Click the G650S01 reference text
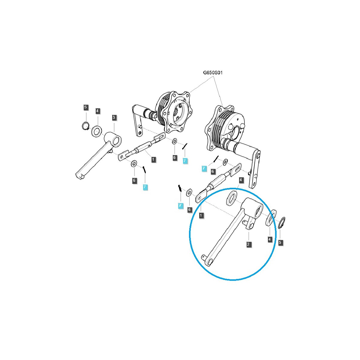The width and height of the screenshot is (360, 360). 213,73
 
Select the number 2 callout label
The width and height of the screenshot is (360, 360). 248,244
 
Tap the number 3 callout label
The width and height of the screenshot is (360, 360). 114,118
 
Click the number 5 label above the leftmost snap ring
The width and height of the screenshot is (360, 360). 85,107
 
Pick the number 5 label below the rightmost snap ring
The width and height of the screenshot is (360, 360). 280,242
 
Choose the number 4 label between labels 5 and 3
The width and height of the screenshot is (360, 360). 97,111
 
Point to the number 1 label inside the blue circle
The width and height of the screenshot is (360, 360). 201,215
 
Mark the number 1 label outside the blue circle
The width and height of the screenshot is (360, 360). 153,159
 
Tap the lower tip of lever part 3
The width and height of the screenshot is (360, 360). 79,175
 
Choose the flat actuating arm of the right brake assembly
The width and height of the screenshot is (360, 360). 255,168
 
